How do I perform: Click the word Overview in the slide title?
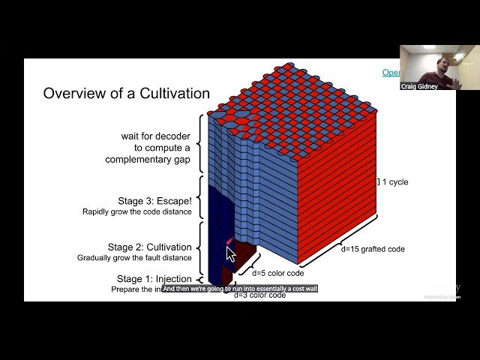pos(71,94)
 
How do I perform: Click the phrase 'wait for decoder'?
pos(156,136)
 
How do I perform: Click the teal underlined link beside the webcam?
pos(391,73)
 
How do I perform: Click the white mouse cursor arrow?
pos(231,254)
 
